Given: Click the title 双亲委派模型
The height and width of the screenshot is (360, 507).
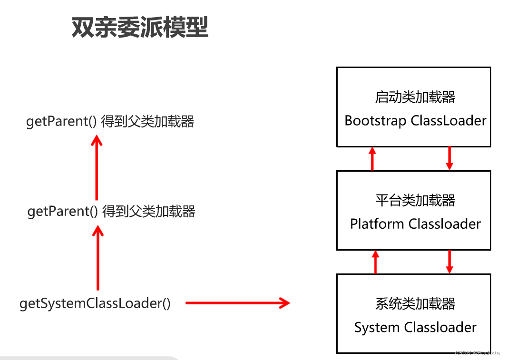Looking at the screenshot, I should (140, 28).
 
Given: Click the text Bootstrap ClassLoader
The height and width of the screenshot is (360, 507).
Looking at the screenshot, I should (415, 120).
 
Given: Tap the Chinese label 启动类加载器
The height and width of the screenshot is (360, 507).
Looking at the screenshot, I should (415, 97).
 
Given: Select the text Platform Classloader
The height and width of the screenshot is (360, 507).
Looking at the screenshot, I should (415, 224).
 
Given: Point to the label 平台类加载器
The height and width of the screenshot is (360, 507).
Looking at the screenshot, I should (415, 200).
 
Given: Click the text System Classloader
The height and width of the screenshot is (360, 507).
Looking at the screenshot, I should (415, 327).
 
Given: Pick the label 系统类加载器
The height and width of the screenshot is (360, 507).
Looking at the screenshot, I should (415, 303).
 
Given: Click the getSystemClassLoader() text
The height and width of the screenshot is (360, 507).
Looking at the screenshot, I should (95, 303).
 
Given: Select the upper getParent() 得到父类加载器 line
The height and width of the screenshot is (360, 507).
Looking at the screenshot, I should (110, 121).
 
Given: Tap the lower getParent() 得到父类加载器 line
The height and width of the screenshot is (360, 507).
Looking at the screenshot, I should (111, 211).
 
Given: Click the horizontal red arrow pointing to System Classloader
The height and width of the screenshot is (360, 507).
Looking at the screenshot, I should (237, 303).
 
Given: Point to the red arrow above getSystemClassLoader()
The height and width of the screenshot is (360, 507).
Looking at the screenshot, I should (97, 257).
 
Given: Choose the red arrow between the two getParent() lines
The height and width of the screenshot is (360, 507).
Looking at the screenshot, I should (97, 166).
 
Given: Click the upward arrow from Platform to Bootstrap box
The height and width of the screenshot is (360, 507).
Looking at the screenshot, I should (372, 158).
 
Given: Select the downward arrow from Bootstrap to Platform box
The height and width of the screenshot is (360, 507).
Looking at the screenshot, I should (449, 158).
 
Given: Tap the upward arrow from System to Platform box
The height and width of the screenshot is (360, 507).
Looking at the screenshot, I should (375, 262).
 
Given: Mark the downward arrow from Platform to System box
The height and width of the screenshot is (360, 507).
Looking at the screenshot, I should (449, 262).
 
